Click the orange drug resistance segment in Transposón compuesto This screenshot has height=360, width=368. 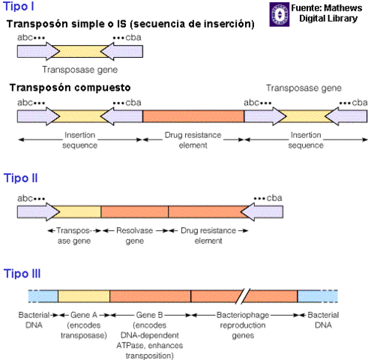pyautogui.click(x=193, y=115)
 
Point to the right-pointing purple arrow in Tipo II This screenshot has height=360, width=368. pyautogui.click(x=37, y=211)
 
